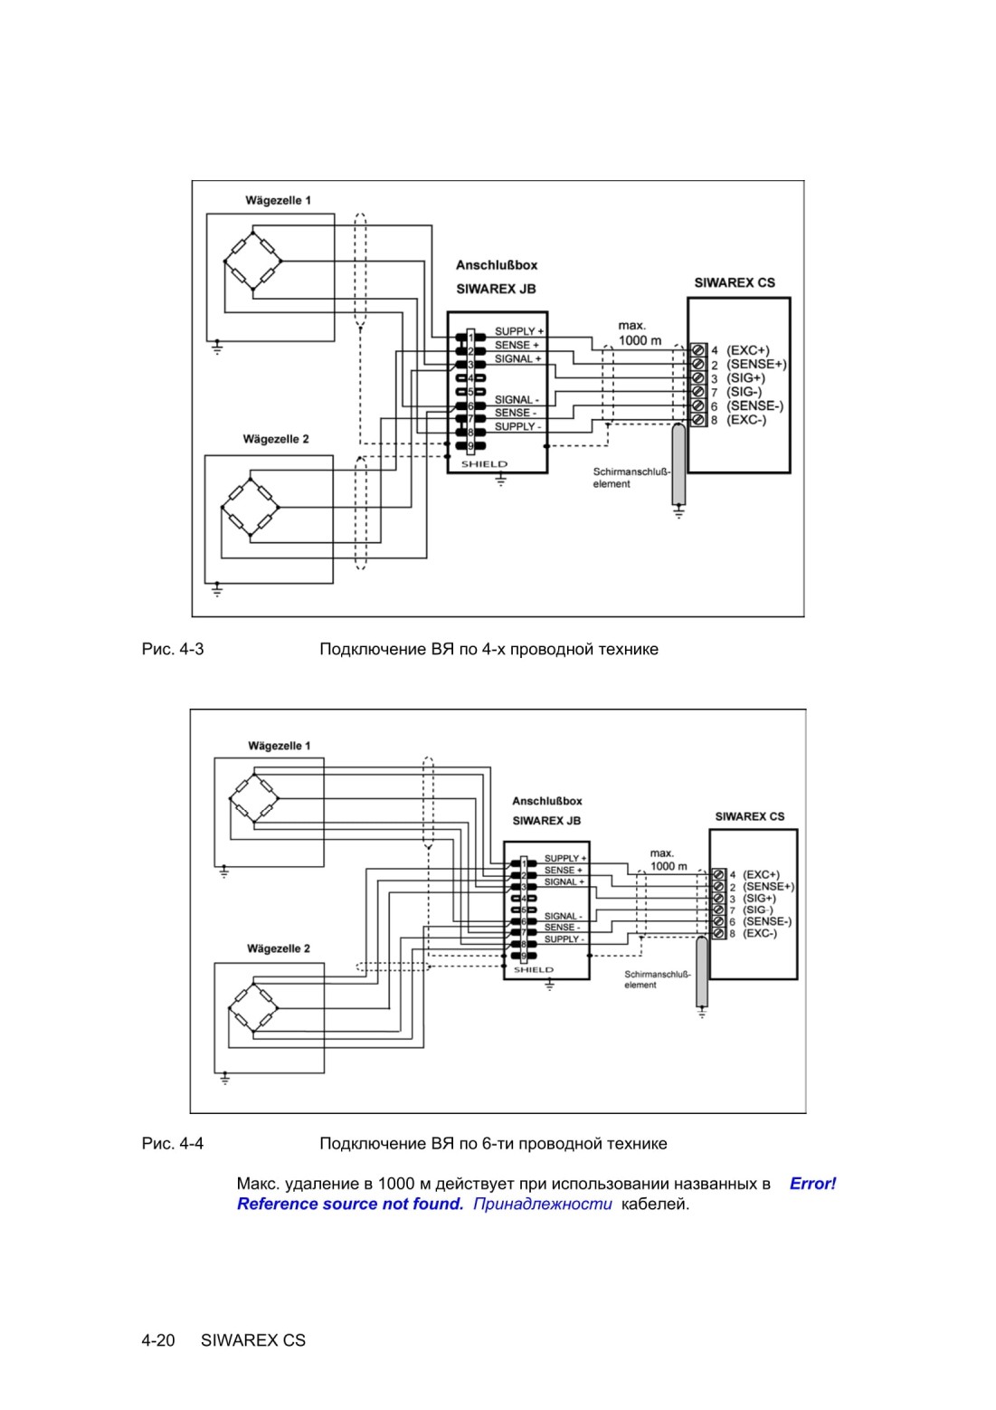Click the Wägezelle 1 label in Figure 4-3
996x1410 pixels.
(x=278, y=200)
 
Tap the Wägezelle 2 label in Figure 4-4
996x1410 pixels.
(x=278, y=948)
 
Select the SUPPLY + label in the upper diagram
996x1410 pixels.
(x=519, y=331)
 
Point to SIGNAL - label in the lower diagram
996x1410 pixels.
(x=563, y=916)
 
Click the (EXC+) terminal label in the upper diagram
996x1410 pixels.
(x=748, y=350)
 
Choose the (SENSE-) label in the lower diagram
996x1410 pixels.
(x=767, y=921)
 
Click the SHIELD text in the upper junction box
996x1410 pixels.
(x=484, y=464)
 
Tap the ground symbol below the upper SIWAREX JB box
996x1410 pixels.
(x=501, y=481)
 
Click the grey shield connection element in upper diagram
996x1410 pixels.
(x=678, y=464)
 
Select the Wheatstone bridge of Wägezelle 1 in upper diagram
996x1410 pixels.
(x=252, y=261)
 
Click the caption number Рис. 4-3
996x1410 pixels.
(x=173, y=649)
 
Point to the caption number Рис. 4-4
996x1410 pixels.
(x=173, y=1143)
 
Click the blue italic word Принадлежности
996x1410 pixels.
(x=543, y=1204)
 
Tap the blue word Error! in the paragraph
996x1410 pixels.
(x=812, y=1184)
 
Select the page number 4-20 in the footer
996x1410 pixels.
(x=158, y=1340)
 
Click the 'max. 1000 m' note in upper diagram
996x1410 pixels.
(x=640, y=333)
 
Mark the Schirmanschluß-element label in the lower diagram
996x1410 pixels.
(x=658, y=979)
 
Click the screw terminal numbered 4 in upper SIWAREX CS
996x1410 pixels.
(x=697, y=350)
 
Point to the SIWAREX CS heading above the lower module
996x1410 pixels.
(x=749, y=816)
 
